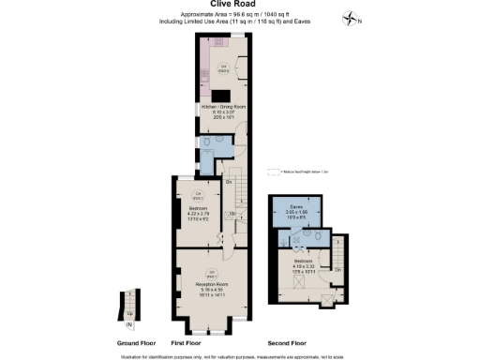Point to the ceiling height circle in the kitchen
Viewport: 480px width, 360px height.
click(x=223, y=67)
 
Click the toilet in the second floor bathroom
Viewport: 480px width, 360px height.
click(x=319, y=238)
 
